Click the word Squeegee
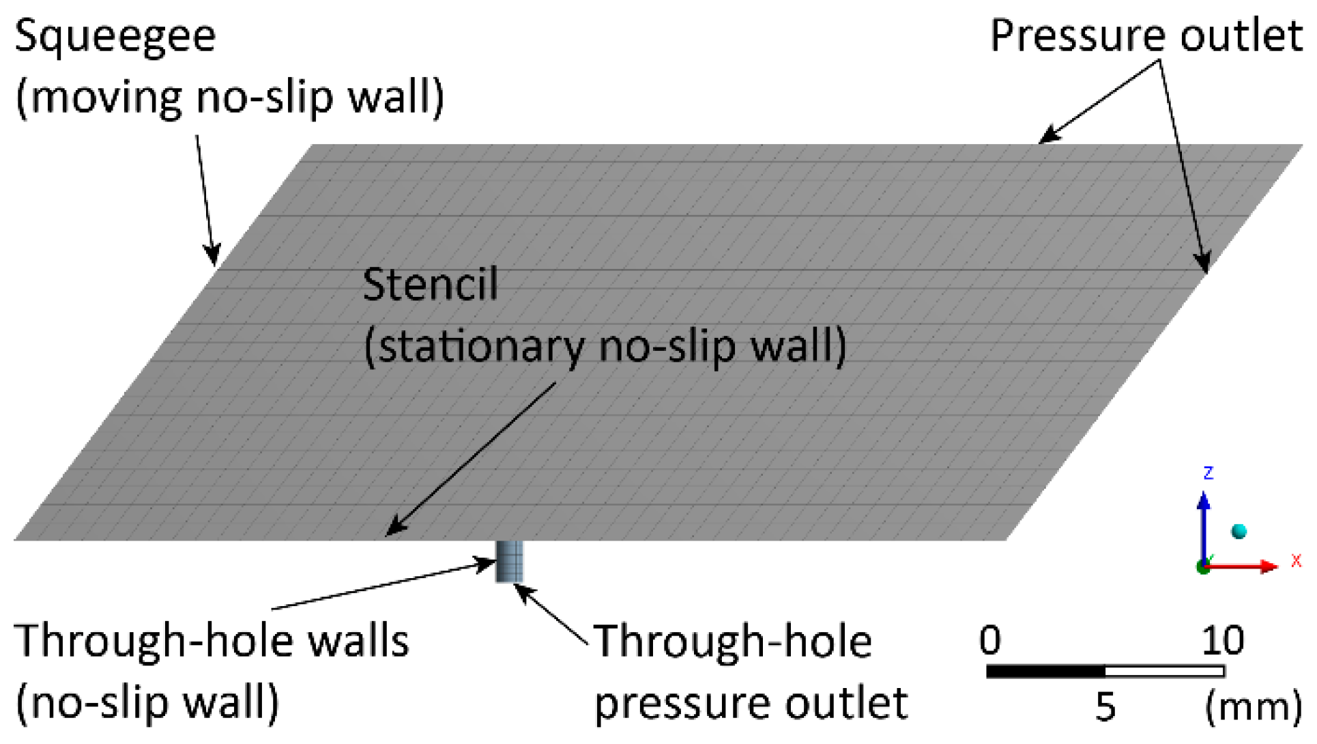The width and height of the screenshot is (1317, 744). (x=115, y=37)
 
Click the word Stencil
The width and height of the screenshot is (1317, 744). (x=430, y=285)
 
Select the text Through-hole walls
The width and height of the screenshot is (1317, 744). (x=212, y=642)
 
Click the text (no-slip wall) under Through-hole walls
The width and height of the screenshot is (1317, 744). (x=147, y=703)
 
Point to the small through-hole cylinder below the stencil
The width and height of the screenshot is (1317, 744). (x=509, y=561)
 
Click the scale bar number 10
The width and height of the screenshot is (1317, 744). (x=1222, y=641)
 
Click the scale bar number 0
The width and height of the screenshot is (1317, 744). (x=990, y=641)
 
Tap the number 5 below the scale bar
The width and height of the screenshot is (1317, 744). (x=1105, y=707)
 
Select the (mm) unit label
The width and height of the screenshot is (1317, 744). (x=1253, y=707)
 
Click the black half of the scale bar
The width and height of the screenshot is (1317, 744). (x=1045, y=672)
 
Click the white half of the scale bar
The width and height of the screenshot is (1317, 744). (x=1164, y=672)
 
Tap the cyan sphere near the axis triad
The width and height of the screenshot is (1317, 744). (x=1239, y=531)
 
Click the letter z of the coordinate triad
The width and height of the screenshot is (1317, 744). (x=1208, y=472)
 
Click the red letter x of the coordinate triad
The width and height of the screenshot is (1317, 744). (x=1296, y=561)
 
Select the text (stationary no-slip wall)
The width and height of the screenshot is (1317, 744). (x=605, y=347)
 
